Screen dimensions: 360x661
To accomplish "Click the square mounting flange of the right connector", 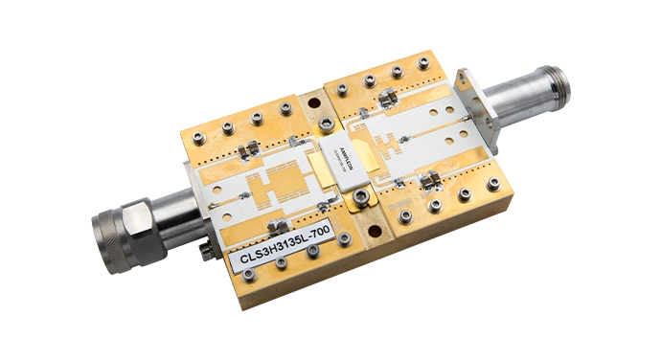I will [477, 107].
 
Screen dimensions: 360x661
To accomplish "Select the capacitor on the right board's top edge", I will [387, 96].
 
